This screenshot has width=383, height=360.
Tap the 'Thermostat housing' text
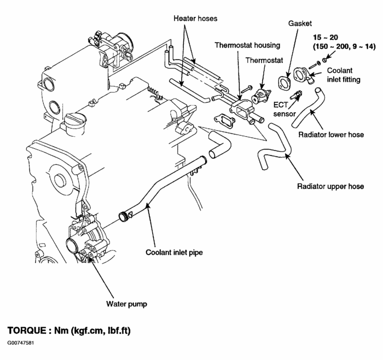(x=240, y=45)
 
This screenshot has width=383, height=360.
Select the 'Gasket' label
(x=299, y=24)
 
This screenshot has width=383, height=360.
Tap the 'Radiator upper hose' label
(x=330, y=186)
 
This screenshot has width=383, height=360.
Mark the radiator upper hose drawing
(x=274, y=148)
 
